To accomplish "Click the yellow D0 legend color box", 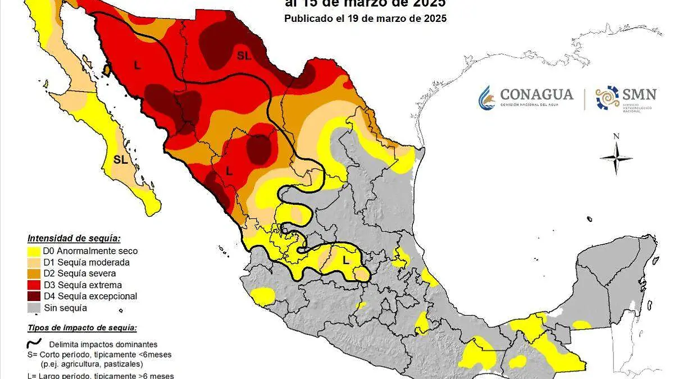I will click(x=34, y=252).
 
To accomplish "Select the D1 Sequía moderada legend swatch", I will click(x=34, y=263).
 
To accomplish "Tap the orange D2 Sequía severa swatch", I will click(x=34, y=274).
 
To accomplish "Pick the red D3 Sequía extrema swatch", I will click(x=34, y=285).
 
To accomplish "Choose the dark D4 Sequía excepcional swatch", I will click(x=34, y=296).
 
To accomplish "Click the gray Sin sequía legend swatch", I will click(x=34, y=308).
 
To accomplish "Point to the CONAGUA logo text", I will click(x=536, y=94).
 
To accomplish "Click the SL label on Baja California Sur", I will click(x=120, y=159).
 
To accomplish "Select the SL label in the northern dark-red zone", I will click(x=243, y=55).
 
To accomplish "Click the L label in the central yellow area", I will click(x=346, y=261).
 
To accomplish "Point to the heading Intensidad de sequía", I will click(x=74, y=238).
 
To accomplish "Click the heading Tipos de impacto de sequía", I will click(x=82, y=328).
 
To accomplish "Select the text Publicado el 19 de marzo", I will click(x=365, y=18).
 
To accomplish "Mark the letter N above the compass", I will click(x=616, y=136).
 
